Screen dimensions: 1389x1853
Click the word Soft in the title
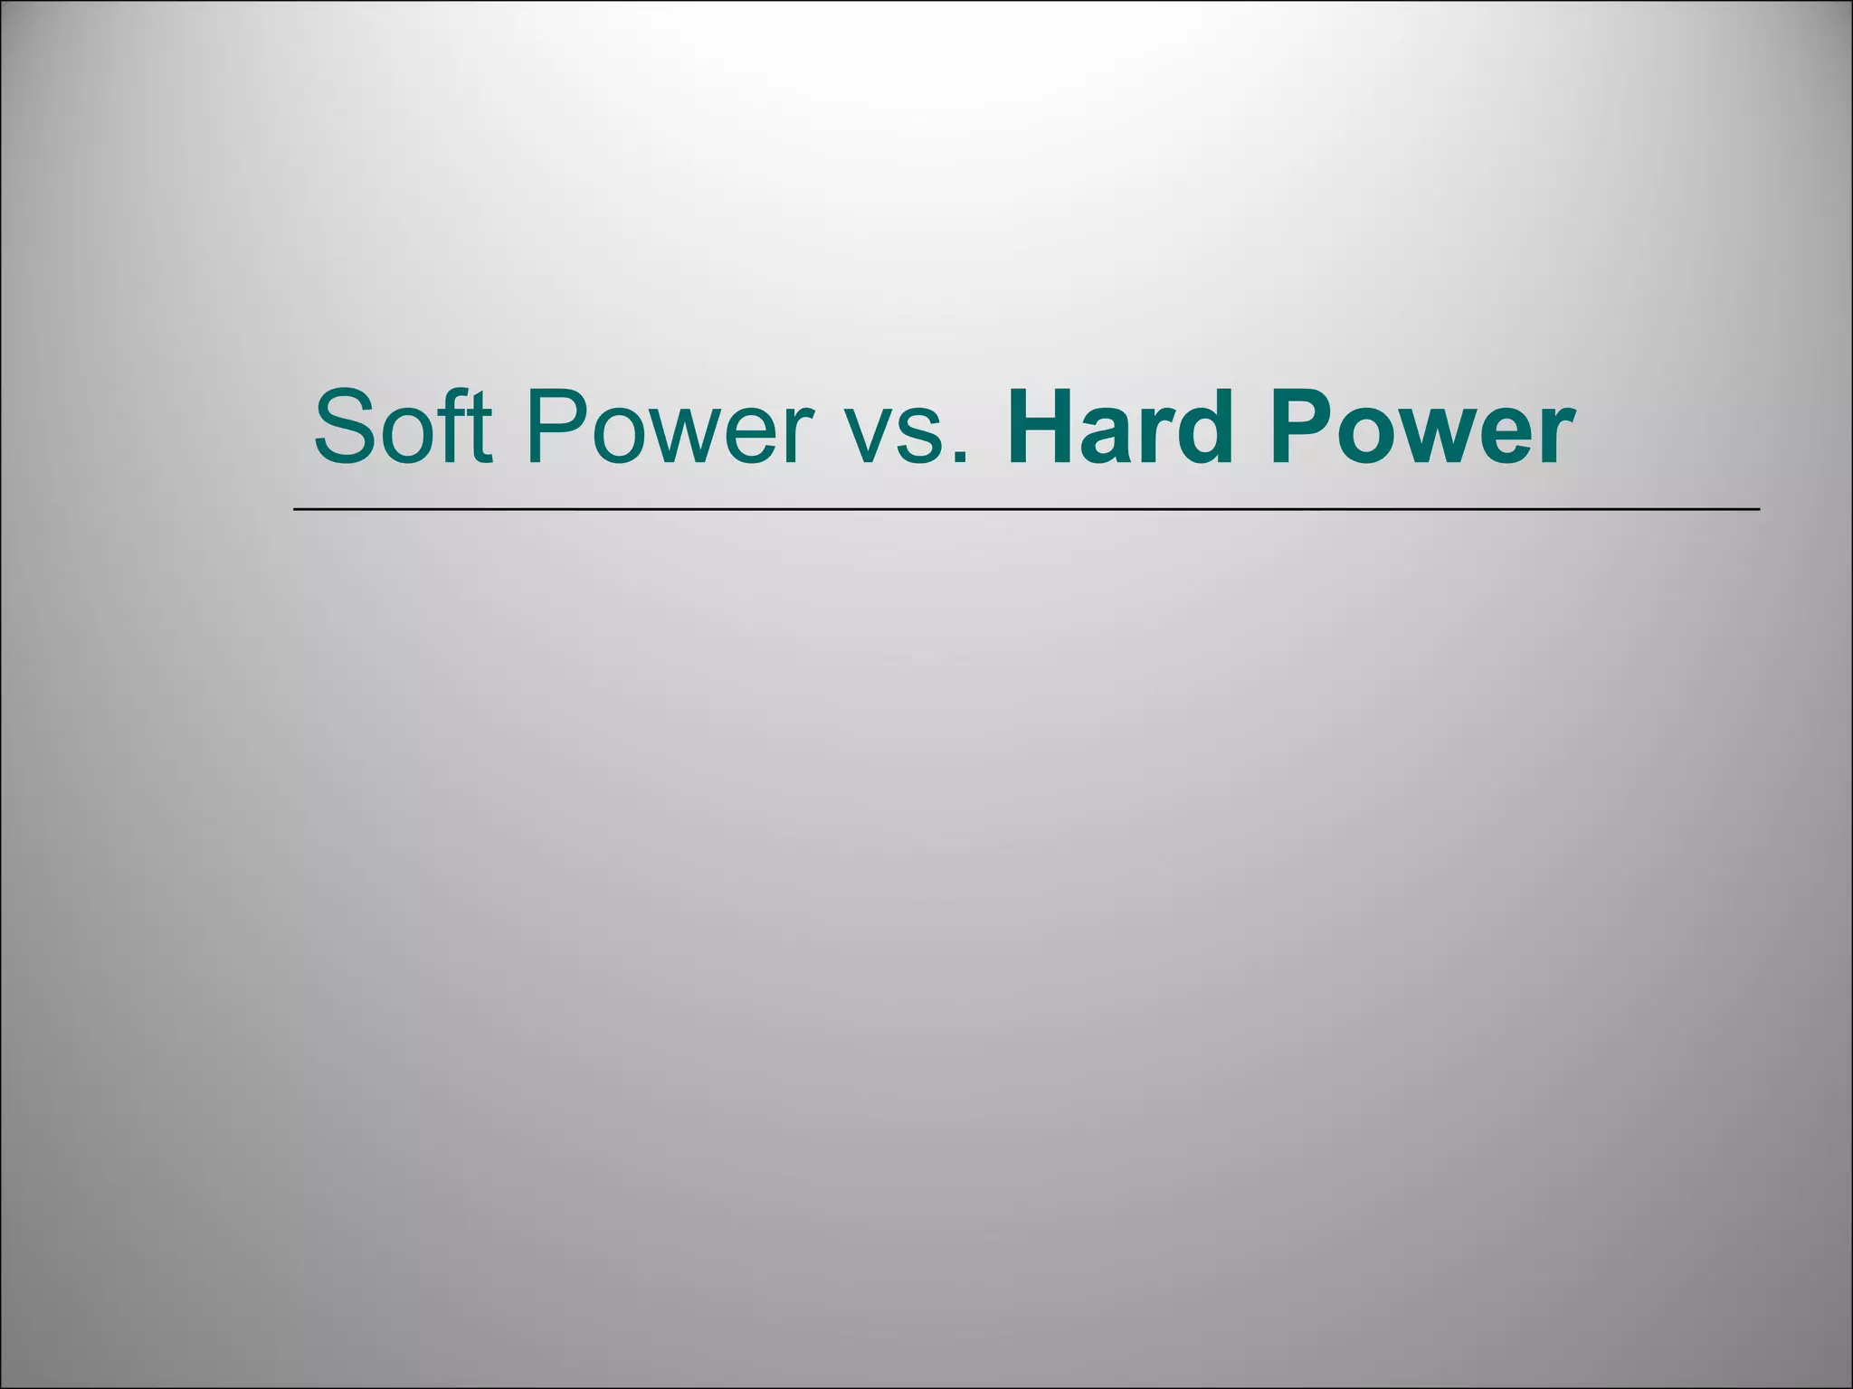(x=403, y=425)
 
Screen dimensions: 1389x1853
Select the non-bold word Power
(x=670, y=425)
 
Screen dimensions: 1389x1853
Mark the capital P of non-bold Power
(x=555, y=425)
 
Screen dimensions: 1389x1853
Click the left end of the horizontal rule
(x=296, y=510)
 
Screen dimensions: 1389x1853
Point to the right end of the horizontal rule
(x=1758, y=510)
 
